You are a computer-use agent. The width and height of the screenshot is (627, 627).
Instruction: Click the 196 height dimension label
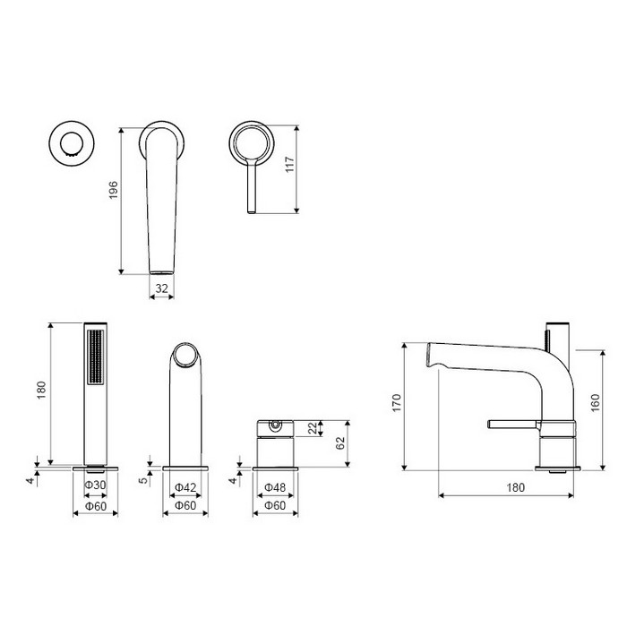click(x=114, y=190)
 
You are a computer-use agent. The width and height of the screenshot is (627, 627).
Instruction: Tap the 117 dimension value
click(x=289, y=164)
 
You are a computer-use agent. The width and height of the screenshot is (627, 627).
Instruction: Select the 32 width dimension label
click(x=161, y=288)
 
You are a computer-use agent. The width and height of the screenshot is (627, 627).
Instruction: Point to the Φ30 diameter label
click(x=95, y=485)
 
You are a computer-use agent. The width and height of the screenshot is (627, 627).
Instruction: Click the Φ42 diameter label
click(x=185, y=487)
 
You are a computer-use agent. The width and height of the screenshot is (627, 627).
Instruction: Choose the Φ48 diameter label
click(x=275, y=487)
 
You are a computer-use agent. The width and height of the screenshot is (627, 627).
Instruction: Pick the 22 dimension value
click(x=313, y=428)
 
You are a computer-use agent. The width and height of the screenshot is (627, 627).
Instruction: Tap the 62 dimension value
click(x=339, y=443)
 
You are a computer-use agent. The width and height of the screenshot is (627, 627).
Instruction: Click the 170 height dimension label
click(x=396, y=403)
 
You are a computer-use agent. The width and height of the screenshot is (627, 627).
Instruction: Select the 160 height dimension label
click(x=595, y=403)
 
